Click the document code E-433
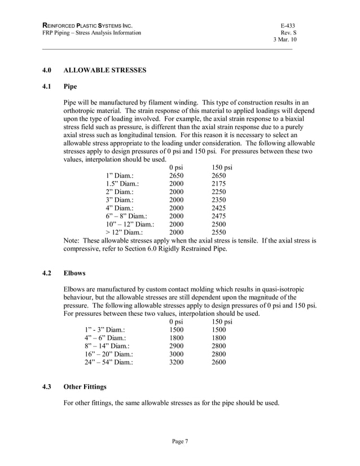click(288, 26)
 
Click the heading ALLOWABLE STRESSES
click(105, 71)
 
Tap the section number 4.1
click(48, 87)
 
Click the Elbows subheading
click(74, 273)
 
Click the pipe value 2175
click(218, 183)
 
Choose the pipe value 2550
click(218, 231)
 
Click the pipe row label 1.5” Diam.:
click(122, 183)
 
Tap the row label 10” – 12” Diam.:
click(126, 223)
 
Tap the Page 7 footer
click(180, 442)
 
